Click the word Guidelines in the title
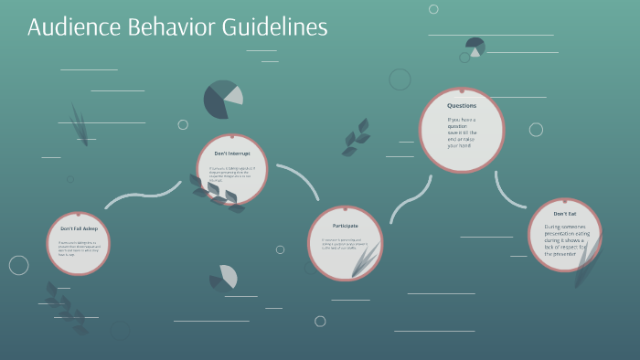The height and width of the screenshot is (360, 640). [x=273, y=27]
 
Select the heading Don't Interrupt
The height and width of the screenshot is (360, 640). [x=232, y=154]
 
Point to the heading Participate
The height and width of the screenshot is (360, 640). [x=345, y=225]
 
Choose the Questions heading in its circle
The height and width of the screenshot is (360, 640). [x=462, y=106]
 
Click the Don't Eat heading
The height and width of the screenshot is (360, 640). [x=564, y=213]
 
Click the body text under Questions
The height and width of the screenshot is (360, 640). [x=462, y=132]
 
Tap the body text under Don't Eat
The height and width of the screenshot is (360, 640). [x=564, y=240]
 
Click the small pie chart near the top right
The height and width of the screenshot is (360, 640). [x=475, y=47]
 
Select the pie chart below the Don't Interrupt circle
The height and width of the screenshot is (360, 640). [x=224, y=276]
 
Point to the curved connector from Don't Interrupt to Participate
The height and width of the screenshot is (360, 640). [x=302, y=179]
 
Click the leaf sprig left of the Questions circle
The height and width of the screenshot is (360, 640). [x=356, y=138]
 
